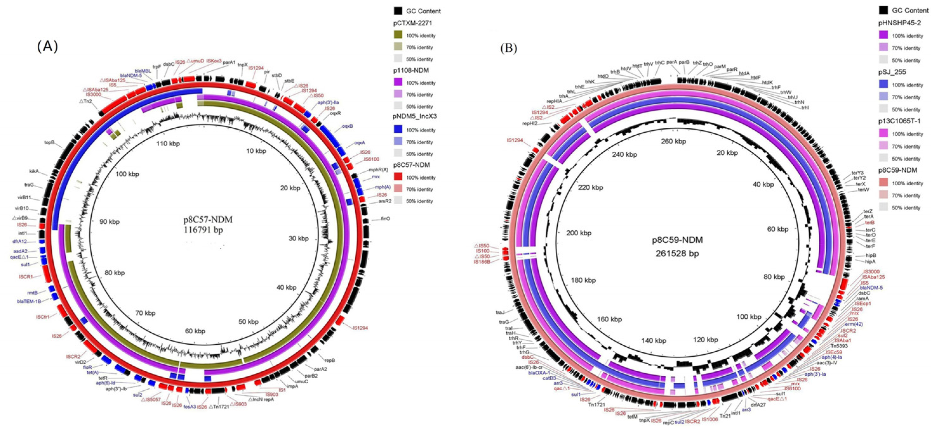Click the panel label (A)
pos(47,46)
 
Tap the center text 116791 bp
pos(203,230)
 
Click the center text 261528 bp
pos(677,253)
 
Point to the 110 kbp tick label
pos(168,144)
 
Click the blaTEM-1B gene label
pos(29,301)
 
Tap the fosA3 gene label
pos(189,406)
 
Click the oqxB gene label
pos(347,126)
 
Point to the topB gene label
pos(49,143)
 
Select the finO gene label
pos(385,219)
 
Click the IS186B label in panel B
pos(482,262)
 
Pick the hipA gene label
pos(870,261)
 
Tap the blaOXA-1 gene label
pos(539,373)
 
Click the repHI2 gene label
pos(529,124)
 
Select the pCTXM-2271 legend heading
pos(412,23)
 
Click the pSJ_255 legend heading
pos(892,72)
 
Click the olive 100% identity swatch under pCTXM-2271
pos(398,35)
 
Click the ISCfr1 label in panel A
pos(43,317)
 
